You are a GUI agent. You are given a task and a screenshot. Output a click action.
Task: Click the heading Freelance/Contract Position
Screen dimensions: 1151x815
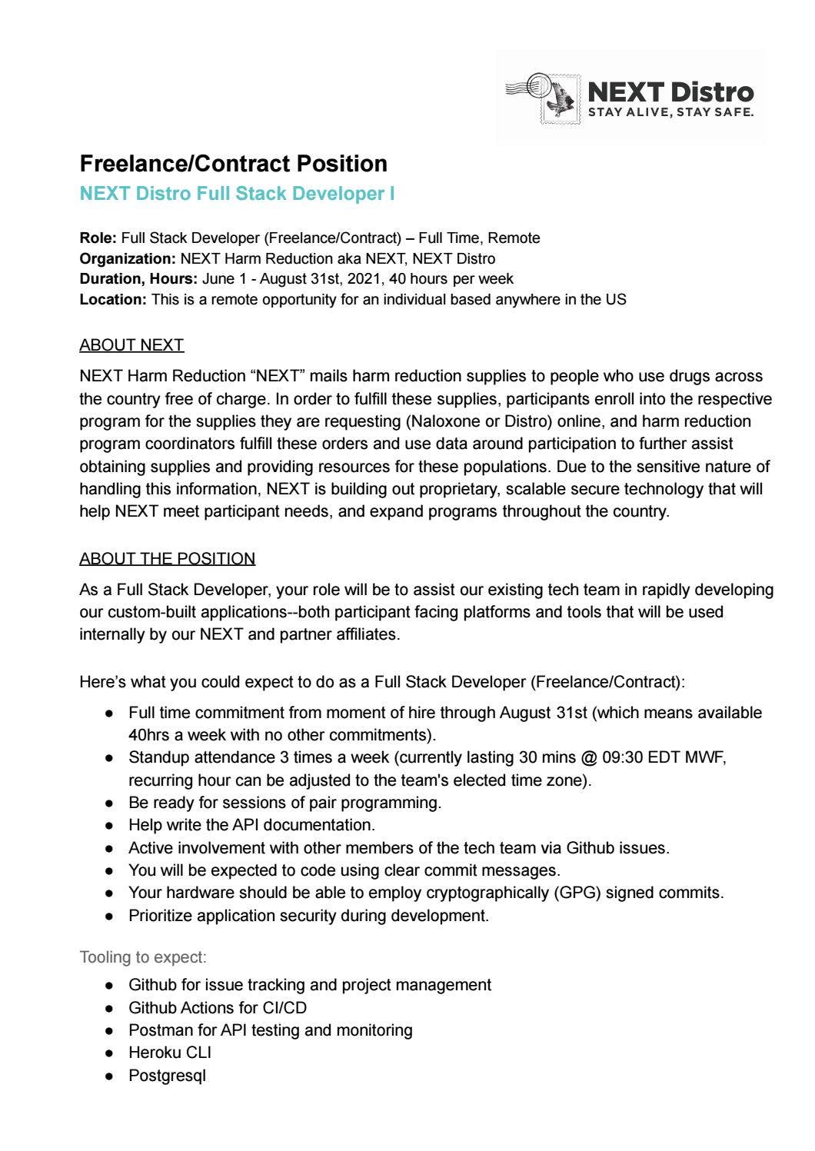(233, 164)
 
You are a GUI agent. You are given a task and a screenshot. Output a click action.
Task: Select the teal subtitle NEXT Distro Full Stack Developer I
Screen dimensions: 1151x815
(237, 194)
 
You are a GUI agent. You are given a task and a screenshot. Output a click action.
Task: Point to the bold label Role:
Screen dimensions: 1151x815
(98, 238)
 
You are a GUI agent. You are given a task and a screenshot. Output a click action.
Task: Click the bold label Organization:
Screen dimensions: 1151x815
(128, 259)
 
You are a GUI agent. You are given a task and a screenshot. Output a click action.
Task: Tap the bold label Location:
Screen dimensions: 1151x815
(112, 300)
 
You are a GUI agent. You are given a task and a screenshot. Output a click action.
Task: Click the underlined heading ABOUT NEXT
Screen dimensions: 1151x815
(131, 345)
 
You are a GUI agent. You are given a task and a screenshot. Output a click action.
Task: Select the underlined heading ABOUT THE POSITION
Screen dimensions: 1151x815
(167, 559)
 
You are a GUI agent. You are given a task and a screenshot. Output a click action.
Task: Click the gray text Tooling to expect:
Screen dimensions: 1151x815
(143, 957)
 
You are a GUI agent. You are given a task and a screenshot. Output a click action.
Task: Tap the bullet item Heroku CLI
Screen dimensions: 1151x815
(169, 1053)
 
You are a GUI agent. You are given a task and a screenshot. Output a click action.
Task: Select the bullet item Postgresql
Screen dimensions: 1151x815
(167, 1076)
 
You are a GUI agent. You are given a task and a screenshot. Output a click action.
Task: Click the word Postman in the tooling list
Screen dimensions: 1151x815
(158, 1030)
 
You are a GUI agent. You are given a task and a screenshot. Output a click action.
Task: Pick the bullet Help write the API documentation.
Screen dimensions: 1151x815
(251, 825)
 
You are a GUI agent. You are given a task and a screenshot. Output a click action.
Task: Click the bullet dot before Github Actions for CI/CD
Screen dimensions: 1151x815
(111, 1008)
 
